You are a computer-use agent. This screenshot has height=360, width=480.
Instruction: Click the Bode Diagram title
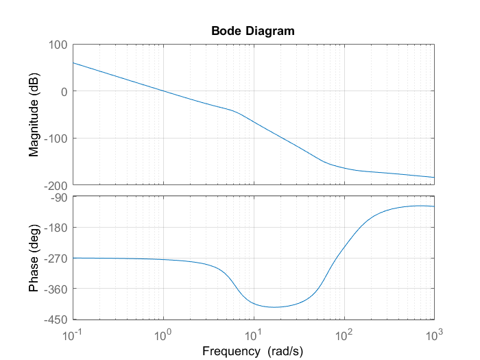pyautogui.click(x=253, y=31)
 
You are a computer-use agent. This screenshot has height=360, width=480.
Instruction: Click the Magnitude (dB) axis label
pyautogui.click(x=34, y=115)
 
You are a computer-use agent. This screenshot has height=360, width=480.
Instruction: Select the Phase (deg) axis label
pyautogui.click(x=34, y=258)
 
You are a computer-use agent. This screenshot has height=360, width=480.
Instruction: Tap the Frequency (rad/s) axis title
pyautogui.click(x=253, y=350)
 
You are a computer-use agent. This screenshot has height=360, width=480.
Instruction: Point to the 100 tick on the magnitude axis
pyautogui.click(x=57, y=45)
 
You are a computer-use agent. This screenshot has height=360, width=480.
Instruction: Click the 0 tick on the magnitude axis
pyautogui.click(x=62, y=91)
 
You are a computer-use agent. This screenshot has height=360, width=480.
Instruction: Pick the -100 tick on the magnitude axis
pyautogui.click(x=56, y=139)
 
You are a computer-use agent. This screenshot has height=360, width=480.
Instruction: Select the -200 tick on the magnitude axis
pyautogui.click(x=56, y=185)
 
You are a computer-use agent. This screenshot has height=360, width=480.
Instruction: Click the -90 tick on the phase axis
pyautogui.click(x=58, y=197)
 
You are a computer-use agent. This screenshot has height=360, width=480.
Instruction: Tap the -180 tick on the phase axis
pyautogui.click(x=56, y=228)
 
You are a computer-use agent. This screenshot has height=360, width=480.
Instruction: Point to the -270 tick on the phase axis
pyautogui.click(x=56, y=259)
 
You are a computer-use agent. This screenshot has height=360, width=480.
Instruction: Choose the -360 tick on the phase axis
pyautogui.click(x=56, y=289)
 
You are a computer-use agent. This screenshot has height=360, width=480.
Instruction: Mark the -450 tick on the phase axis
pyautogui.click(x=56, y=320)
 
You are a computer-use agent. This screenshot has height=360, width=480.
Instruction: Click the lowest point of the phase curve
pyautogui.click(x=274, y=307)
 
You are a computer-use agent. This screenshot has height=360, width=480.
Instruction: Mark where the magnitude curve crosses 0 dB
pyautogui.click(x=163, y=91)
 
